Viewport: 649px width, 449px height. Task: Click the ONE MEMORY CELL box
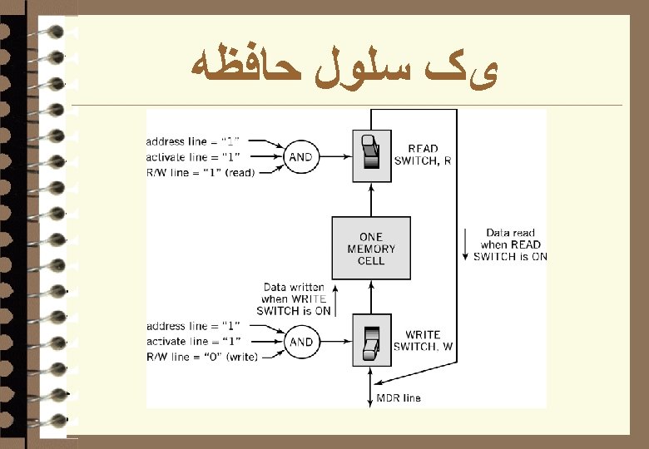(x=371, y=248)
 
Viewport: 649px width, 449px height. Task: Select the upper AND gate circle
(x=300, y=157)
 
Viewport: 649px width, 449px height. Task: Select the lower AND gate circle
(x=300, y=342)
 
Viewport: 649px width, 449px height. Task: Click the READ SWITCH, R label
(x=423, y=155)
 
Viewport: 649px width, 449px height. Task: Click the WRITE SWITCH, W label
(x=423, y=341)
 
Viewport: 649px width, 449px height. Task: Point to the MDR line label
(x=399, y=398)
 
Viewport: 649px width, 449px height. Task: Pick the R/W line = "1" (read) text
(x=201, y=172)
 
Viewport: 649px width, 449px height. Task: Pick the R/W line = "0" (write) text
(x=201, y=357)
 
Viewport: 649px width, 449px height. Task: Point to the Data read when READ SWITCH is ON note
(x=510, y=244)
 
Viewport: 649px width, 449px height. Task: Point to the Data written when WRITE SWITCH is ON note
(x=295, y=299)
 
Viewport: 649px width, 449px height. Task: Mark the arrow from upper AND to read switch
(x=334, y=157)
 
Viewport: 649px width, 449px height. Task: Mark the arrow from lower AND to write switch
(x=334, y=342)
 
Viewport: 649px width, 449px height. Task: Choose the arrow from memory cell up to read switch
(x=371, y=200)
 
